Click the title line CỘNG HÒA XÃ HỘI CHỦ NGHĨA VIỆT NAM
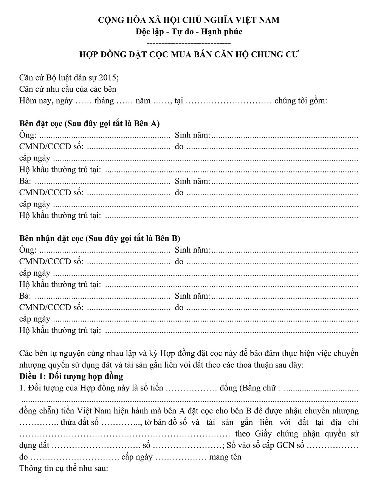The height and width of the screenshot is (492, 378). pyautogui.click(x=189, y=20)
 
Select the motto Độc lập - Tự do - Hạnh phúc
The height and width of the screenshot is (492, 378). pyautogui.click(x=189, y=31)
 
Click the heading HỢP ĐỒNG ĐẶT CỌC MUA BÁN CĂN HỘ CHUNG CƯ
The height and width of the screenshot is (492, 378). pyautogui.click(x=189, y=54)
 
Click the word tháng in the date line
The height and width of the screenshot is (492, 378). pyautogui.click(x=104, y=101)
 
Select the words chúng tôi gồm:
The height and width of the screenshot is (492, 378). pyautogui.click(x=301, y=101)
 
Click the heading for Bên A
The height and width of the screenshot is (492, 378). pyautogui.click(x=89, y=123)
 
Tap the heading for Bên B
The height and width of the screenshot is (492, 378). pyautogui.click(x=100, y=238)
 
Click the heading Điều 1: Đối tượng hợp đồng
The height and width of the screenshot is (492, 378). pyautogui.click(x=71, y=376)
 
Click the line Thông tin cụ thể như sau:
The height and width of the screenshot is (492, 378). pyautogui.click(x=64, y=469)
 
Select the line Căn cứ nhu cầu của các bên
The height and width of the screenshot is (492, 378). pyautogui.click(x=68, y=89)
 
